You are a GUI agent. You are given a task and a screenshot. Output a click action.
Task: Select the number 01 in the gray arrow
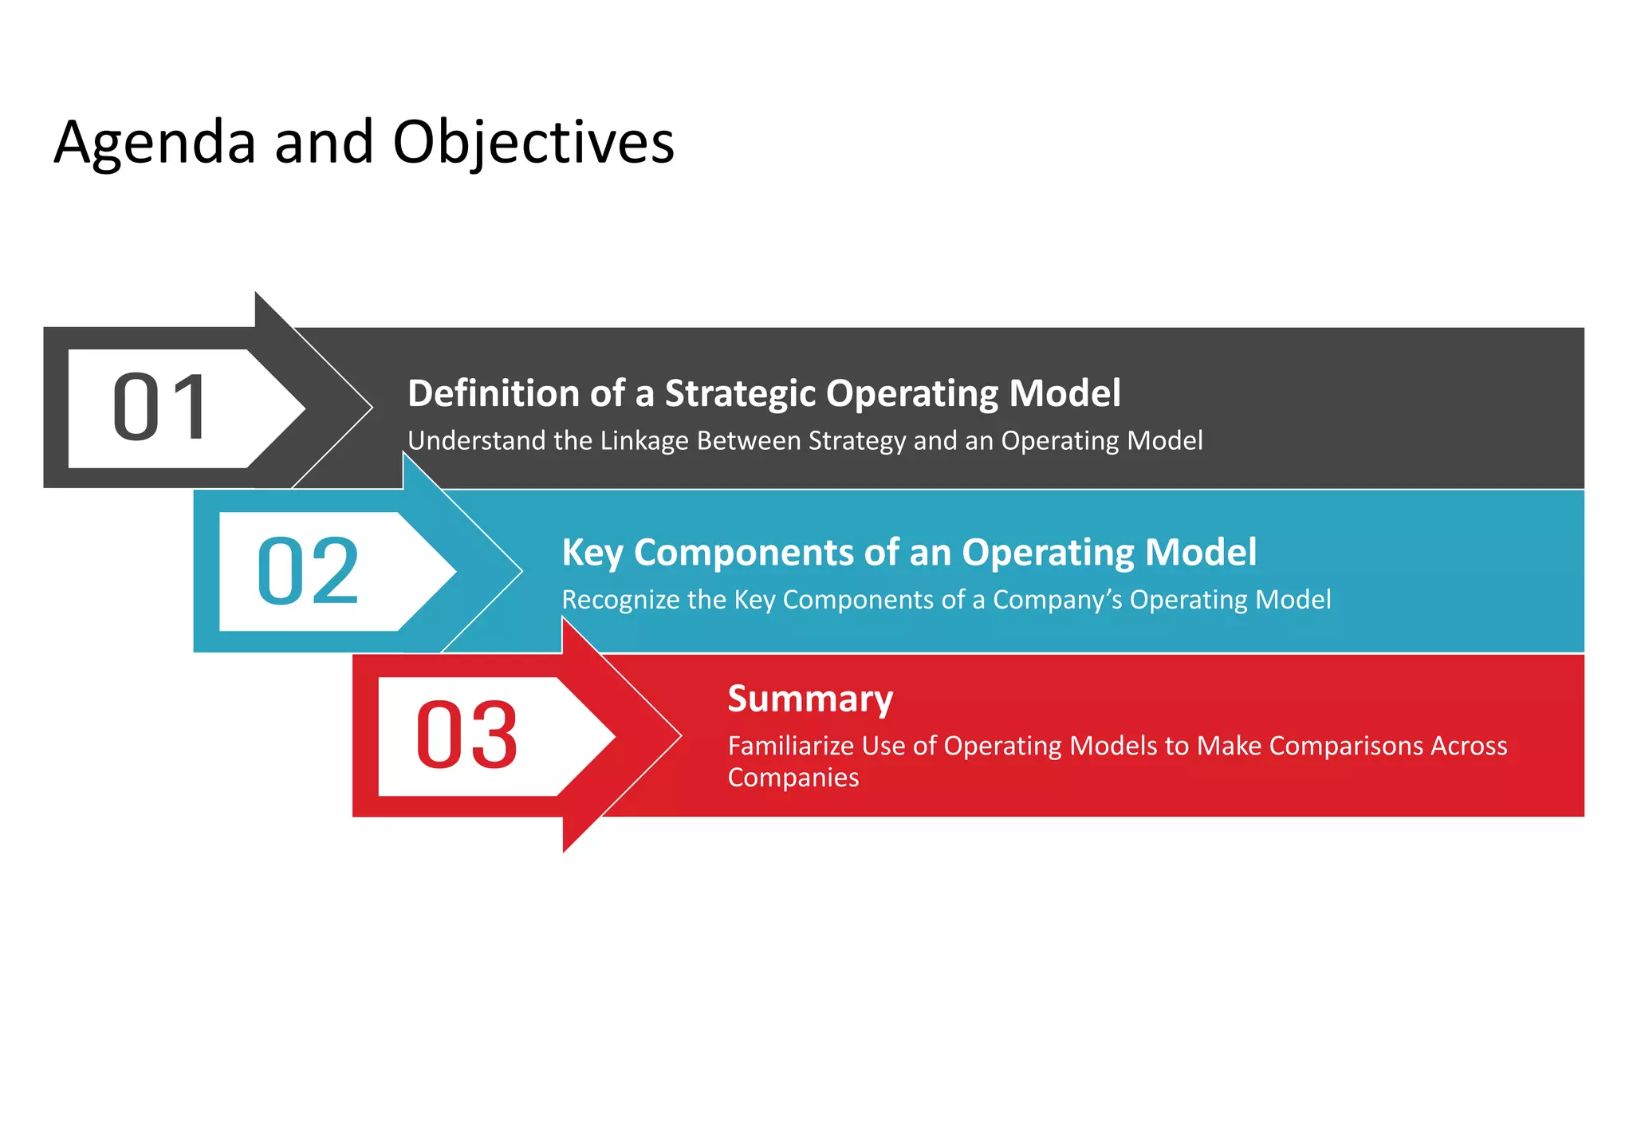160,408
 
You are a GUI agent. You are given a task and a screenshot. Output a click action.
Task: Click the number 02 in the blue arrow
308,571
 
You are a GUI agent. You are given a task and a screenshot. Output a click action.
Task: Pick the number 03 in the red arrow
466,735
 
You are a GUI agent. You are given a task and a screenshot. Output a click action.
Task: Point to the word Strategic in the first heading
741,393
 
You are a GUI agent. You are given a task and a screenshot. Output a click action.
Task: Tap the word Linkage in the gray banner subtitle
644,441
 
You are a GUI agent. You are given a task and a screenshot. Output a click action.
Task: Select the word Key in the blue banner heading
592,553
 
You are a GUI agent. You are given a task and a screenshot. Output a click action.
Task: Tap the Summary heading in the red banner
810,699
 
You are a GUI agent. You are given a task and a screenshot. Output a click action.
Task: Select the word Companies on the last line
793,778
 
